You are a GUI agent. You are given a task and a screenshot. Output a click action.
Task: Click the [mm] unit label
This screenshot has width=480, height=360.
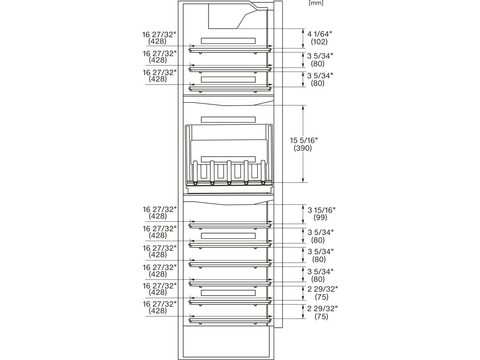click(x=316, y=3)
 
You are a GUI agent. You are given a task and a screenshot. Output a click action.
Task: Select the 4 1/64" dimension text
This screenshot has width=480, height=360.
click(x=319, y=34)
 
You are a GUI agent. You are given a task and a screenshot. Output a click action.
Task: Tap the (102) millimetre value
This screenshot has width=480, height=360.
click(x=319, y=42)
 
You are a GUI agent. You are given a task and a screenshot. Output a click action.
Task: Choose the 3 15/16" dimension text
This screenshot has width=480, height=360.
click(x=321, y=210)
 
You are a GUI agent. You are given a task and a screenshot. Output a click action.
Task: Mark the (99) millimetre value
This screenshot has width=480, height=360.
click(x=321, y=217)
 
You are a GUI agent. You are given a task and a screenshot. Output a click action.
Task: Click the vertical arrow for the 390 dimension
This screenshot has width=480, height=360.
click(x=303, y=143)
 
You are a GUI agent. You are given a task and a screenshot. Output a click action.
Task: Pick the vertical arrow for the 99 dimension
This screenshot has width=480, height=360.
click(x=303, y=214)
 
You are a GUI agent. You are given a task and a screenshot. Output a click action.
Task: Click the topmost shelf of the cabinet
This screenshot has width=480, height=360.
click(x=230, y=49)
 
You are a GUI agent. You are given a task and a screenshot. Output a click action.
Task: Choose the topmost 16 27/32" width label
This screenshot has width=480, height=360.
click(x=160, y=37)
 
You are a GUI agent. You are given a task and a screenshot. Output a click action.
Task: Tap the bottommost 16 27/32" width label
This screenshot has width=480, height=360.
click(x=160, y=307)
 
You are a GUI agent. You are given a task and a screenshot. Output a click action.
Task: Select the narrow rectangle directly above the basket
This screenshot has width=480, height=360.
click(x=228, y=120)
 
